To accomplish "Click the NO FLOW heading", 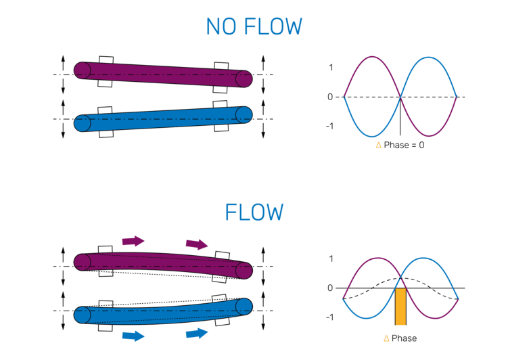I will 254,26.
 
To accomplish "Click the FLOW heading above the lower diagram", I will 254,212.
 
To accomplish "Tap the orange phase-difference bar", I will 400,307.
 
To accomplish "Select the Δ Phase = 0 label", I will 400,145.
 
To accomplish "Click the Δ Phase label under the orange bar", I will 400,338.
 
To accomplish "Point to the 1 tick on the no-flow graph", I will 330,67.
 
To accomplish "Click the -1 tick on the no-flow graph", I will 329,126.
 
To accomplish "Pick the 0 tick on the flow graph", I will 330,288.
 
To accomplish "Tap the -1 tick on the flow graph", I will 329,317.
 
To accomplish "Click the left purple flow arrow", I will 133,240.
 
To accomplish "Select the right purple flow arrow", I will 197,244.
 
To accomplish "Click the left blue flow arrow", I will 133,335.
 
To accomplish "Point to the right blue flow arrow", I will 197,332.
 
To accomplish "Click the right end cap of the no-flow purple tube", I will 244,79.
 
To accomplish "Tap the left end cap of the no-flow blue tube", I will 83,123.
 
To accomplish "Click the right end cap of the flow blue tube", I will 244,307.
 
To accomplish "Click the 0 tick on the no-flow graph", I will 330,97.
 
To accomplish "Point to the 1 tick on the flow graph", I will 330,258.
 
